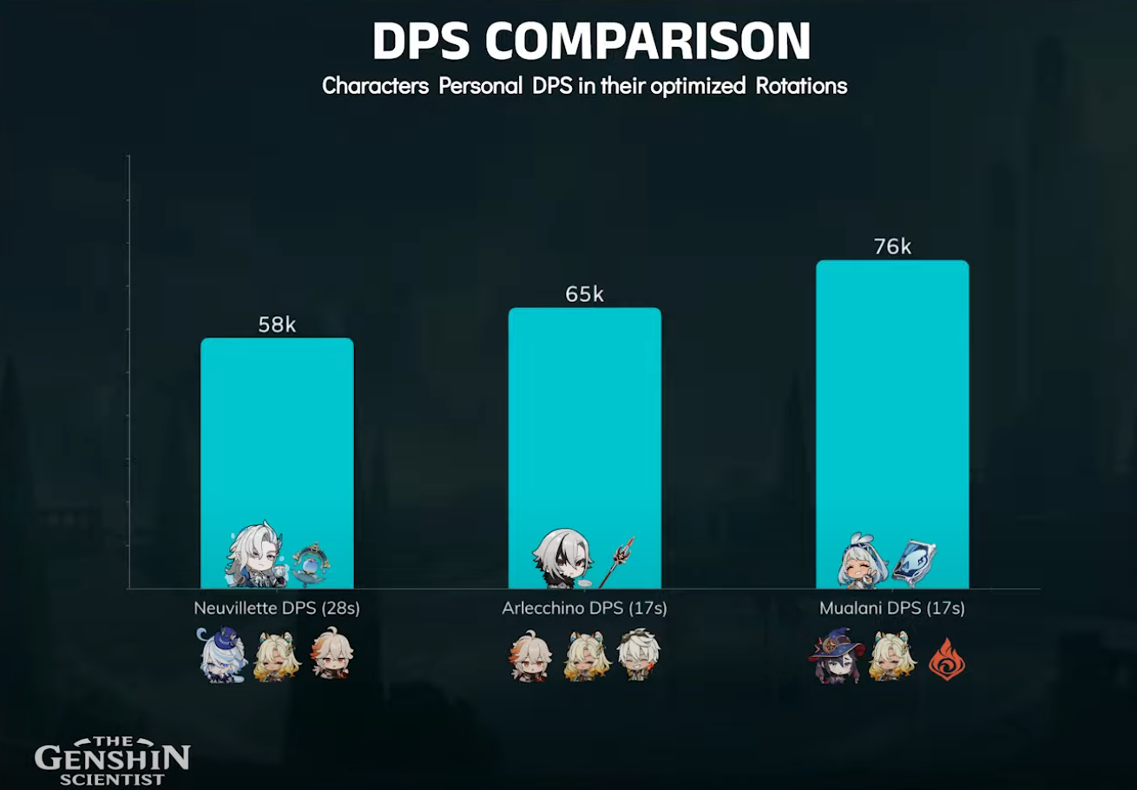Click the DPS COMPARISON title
[x=591, y=40]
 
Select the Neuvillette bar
[x=277, y=434]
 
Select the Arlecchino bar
[x=584, y=417]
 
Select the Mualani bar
[x=891, y=391]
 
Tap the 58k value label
[x=277, y=325]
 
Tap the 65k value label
[x=584, y=294]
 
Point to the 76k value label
[x=891, y=247]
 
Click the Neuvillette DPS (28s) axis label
[x=277, y=609]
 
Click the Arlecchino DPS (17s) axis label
[x=584, y=609]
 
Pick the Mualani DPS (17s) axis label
[x=891, y=609]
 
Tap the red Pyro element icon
[x=947, y=659]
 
